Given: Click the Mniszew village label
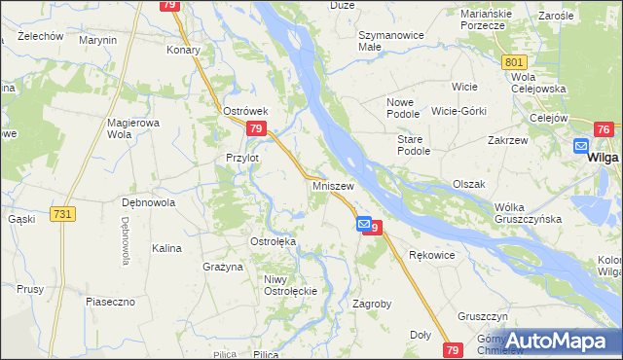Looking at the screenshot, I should click(x=333, y=184).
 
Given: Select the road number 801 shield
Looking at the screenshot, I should click(x=516, y=62).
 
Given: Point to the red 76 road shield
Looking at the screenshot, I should click(x=604, y=129).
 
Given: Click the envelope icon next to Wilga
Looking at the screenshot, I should click(x=582, y=146).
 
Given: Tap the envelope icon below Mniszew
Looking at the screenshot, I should click(x=363, y=224).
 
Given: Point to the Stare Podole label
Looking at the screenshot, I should click(x=414, y=145).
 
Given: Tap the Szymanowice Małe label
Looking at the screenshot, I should click(x=368, y=39).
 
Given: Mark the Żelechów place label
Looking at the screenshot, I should click(x=27, y=36).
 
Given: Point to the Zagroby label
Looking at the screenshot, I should click(x=372, y=304).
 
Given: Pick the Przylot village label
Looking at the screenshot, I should click(x=241, y=158).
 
